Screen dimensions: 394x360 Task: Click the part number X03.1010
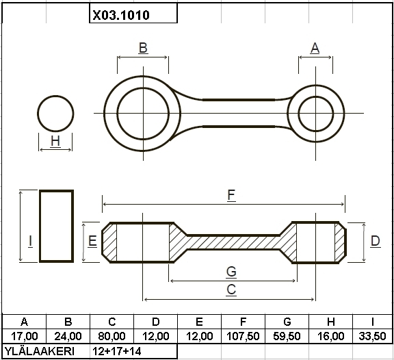pos(121,15)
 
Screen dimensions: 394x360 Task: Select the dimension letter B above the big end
pos(143,48)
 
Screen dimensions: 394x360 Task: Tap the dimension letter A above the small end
pos(315,48)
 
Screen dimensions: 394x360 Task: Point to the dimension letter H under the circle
pos(55,141)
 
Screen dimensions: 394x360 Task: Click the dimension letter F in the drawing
pos(231,195)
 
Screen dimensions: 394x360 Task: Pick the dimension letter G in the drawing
pos(231,272)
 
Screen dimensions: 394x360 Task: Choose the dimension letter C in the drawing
pos(231,290)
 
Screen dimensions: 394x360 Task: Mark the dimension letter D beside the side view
pos(376,241)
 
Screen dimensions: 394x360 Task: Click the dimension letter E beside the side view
pos(92,241)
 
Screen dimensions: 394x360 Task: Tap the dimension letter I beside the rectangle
pos(30,241)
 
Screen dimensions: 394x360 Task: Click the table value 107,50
pos(243,336)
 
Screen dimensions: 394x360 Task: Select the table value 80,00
pos(111,336)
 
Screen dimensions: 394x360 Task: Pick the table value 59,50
pos(287,336)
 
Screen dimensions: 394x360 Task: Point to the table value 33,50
pos(372,336)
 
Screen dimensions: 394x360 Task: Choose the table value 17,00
pos(25,336)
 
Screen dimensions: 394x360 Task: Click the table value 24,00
pos(68,336)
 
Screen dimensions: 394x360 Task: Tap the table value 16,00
pos(330,336)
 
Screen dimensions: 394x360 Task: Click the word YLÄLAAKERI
pos(40,351)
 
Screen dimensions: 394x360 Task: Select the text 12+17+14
pos(117,351)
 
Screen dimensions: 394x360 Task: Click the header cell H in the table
pos(330,322)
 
